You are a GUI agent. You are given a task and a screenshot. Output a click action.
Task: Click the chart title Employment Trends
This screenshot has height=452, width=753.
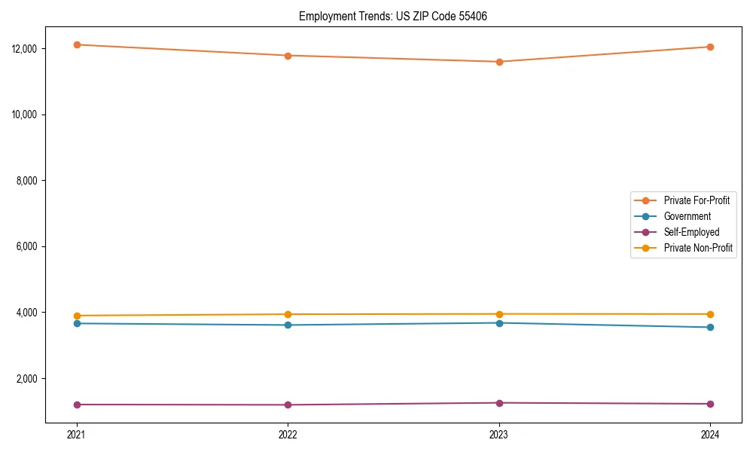click(x=392, y=16)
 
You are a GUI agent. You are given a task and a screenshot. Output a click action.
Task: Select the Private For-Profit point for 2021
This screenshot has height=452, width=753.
click(x=77, y=44)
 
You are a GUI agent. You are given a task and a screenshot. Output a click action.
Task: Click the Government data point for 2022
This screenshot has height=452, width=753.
click(x=288, y=325)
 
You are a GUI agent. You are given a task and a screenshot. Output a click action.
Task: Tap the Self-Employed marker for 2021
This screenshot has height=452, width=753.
click(x=77, y=405)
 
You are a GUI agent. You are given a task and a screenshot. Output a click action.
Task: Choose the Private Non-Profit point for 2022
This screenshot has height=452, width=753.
click(x=288, y=314)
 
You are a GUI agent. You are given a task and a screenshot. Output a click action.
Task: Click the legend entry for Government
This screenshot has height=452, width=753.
click(x=687, y=216)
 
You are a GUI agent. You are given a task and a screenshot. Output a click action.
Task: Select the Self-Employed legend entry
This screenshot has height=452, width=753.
click(x=691, y=232)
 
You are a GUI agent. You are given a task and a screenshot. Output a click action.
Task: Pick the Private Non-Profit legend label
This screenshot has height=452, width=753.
click(x=698, y=248)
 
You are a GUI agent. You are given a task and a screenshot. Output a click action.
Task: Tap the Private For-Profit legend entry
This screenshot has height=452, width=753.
click(x=697, y=200)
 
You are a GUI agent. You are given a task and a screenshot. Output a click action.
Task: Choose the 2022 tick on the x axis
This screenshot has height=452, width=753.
click(x=288, y=435)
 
